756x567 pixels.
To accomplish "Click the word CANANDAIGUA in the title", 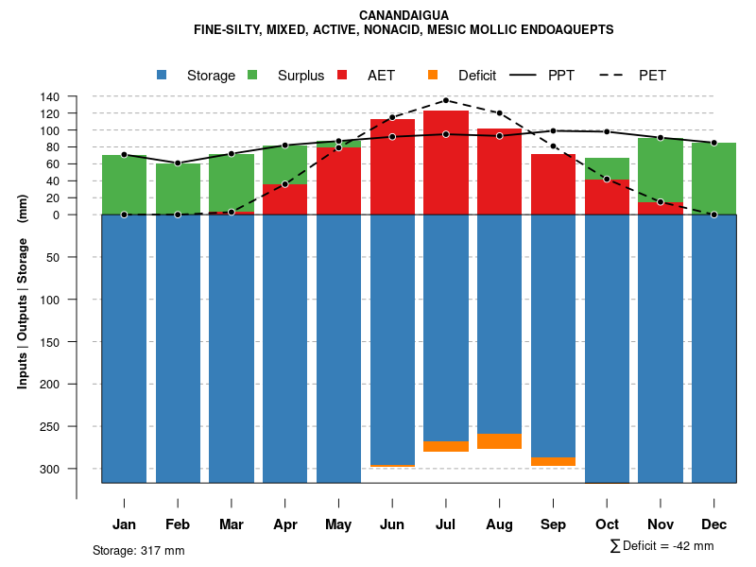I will (404, 15).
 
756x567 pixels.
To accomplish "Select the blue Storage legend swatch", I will (163, 75).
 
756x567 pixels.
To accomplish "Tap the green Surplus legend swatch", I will (253, 75).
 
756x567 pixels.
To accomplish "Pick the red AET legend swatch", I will (343, 75).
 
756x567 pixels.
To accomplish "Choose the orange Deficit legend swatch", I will (433, 75).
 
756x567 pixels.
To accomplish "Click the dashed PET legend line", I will (615, 75).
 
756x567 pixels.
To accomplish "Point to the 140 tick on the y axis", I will (50, 96).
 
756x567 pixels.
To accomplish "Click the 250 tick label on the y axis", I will (50, 427).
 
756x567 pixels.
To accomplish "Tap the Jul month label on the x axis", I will (446, 524).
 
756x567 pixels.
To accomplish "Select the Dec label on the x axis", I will (713, 524).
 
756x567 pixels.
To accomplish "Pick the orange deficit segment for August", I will (499, 441).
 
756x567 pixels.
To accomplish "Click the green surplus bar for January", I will (124, 184).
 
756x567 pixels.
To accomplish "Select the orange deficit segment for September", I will (553, 461).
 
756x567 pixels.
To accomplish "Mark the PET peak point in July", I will (446, 100).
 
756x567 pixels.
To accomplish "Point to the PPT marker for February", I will (178, 163).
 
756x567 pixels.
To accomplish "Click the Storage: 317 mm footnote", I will (138, 550).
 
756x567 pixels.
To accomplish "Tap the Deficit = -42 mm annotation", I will (661, 545).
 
